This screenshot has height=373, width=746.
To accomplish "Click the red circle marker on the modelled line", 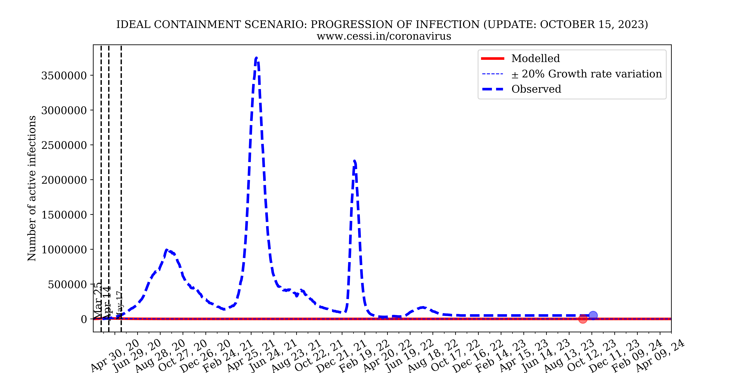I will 583,319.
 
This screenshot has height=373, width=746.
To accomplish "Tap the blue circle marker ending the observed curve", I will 593,315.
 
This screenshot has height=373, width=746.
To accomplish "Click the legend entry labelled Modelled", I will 535,58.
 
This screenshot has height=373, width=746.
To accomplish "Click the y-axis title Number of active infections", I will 32,188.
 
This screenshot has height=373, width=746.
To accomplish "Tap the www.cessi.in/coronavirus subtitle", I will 384,36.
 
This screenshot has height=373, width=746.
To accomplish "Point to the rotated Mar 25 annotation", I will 98,301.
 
